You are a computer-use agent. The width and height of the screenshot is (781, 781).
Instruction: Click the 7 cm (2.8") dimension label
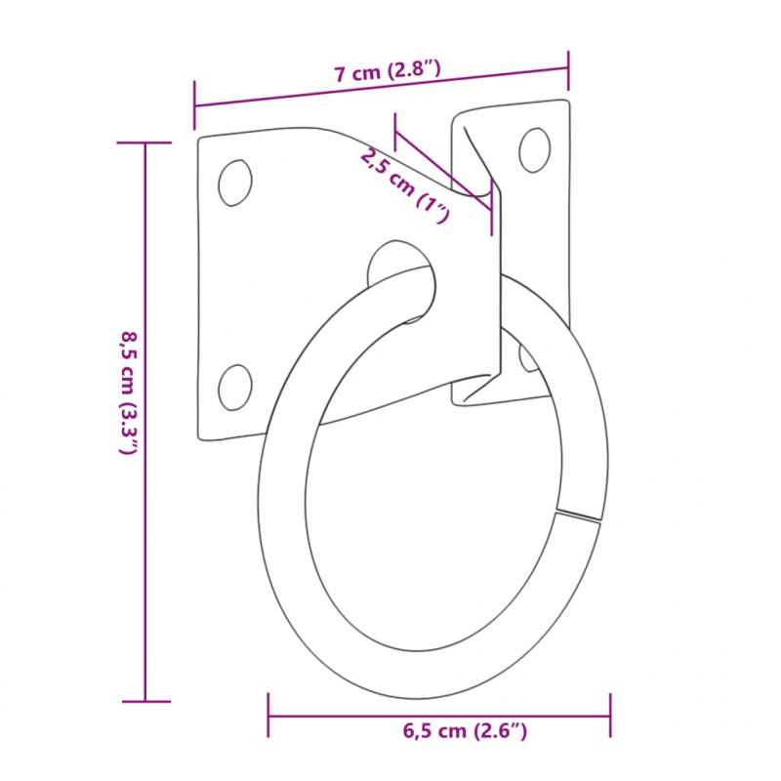tap(389, 71)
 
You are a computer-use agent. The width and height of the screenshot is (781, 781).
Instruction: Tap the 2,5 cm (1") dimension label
tap(403, 185)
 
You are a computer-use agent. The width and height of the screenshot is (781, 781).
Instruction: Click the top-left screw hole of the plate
tap(234, 183)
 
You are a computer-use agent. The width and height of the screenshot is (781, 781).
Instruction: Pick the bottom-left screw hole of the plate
tap(234, 387)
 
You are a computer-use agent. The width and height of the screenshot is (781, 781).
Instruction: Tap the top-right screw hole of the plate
tap(534, 149)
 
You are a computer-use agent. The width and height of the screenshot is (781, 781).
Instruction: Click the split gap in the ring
tap(578, 514)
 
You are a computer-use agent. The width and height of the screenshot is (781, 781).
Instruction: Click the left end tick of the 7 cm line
tap(195, 106)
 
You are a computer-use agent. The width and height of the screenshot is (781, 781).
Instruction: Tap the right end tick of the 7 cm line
tap(568, 67)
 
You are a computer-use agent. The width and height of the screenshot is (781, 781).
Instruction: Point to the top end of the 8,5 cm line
tap(145, 144)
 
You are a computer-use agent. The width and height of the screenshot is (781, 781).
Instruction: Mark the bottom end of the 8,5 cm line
tap(145, 700)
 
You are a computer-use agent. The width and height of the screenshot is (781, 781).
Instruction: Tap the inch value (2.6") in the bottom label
tap(502, 730)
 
